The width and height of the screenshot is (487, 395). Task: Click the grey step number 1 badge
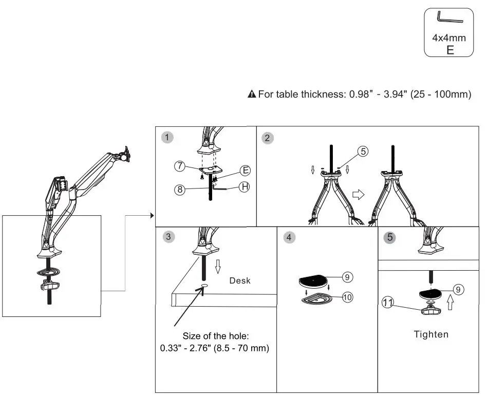[x=167, y=137]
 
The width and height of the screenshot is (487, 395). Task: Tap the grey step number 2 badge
[x=267, y=137]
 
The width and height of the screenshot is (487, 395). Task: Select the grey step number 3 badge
[x=167, y=237]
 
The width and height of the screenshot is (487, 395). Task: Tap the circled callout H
[x=245, y=187]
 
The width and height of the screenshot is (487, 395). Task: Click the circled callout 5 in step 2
[x=363, y=152]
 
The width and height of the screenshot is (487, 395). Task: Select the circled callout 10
[x=348, y=298]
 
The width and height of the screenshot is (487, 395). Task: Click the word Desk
[x=240, y=281]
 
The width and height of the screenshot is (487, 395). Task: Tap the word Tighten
[x=431, y=334]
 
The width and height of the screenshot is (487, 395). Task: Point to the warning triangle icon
[x=252, y=94]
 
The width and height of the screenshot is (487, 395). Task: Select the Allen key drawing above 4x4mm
[x=449, y=18]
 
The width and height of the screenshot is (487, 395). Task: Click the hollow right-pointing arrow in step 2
[x=358, y=195]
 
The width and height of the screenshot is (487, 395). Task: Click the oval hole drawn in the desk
[x=204, y=286]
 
